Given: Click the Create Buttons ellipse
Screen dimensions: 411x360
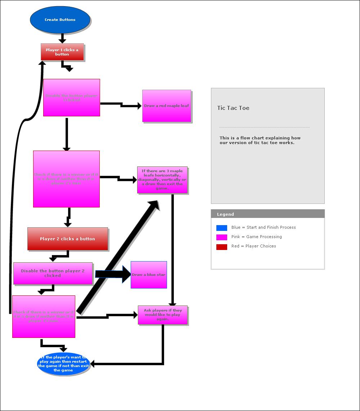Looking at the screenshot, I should click(60, 20).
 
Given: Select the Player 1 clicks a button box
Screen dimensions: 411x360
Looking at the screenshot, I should click(62, 52).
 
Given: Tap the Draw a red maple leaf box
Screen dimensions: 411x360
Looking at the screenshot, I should click(166, 106).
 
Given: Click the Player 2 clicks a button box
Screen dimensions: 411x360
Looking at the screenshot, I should click(68, 239).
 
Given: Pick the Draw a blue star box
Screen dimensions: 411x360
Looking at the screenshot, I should click(149, 275).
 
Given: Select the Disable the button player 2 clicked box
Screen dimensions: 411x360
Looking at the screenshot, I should click(53, 273).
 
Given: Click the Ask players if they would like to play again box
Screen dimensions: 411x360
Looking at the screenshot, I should click(163, 315).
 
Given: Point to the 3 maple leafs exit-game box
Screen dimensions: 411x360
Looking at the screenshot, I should click(162, 180).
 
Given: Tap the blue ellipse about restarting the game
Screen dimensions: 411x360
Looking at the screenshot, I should click(63, 364).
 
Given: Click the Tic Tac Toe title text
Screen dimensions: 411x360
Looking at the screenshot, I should click(233, 108).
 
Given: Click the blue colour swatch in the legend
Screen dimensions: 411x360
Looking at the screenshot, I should click(222, 228).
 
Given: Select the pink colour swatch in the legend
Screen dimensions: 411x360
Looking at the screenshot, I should click(222, 237).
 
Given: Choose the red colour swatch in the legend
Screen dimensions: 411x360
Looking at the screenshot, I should click(222, 247).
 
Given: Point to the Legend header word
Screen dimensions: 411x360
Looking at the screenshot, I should click(225, 214).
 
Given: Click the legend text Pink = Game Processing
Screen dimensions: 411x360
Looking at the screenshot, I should click(257, 237).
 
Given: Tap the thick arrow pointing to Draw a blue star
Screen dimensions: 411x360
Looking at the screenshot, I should click(112, 274).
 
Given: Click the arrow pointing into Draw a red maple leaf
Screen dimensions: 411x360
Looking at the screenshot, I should click(121, 105).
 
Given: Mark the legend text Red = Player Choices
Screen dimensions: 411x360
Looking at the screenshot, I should click(254, 246).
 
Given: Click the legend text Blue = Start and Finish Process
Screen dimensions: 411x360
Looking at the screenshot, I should click(264, 227).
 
